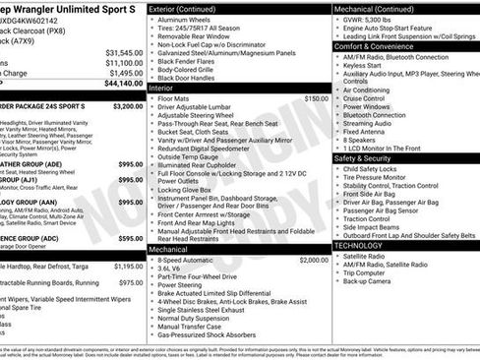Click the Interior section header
point(160,88)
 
